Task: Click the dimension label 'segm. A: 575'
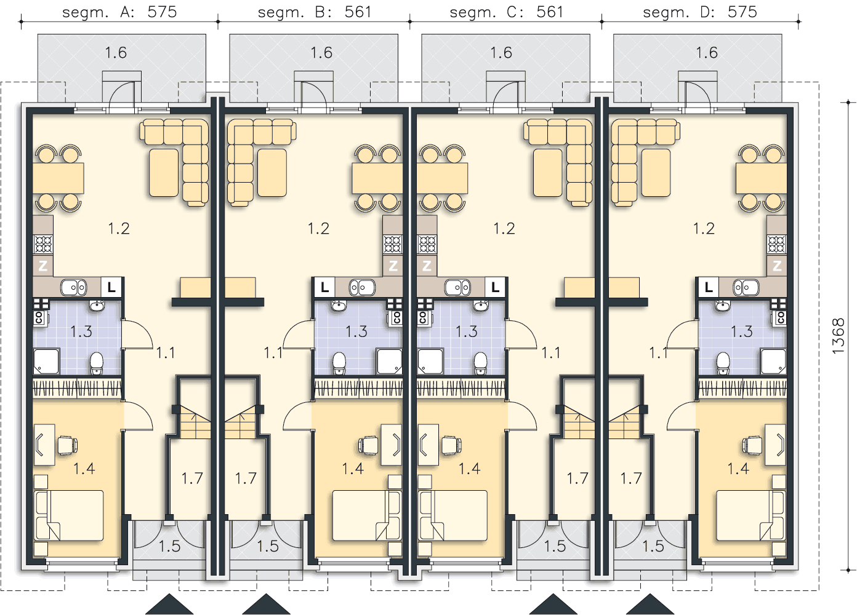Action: tap(119, 12)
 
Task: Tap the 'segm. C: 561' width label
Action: tap(506, 12)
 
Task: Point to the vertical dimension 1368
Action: tap(838, 336)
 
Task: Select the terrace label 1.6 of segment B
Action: tap(321, 52)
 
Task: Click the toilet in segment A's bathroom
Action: tap(97, 363)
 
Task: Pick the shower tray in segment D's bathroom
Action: tap(773, 361)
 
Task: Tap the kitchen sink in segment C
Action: tap(457, 287)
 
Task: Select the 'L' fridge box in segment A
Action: tap(111, 287)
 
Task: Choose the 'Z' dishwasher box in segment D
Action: tap(777, 265)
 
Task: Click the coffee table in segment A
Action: tap(164, 173)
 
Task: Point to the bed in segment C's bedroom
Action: tap(453, 515)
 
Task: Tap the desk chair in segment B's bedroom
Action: tap(368, 445)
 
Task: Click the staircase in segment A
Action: tap(196, 422)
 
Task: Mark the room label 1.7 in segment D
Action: tap(631, 478)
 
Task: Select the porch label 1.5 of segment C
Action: tap(555, 546)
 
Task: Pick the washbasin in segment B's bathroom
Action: tap(339, 306)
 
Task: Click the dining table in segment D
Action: tap(761, 178)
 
